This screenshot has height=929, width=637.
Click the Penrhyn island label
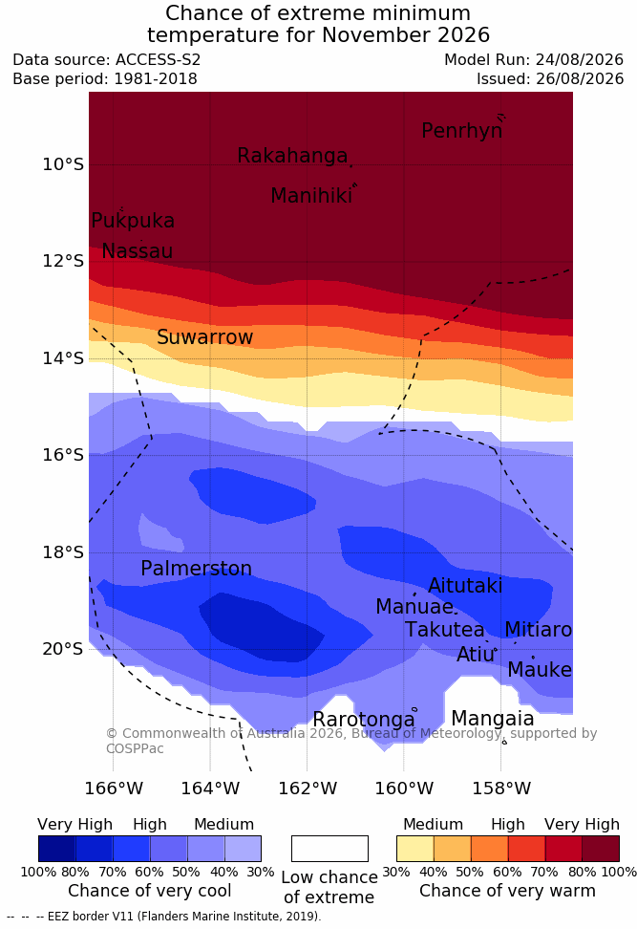[462, 131]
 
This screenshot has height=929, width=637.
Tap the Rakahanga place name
[292, 156]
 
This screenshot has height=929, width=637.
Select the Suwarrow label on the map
[204, 337]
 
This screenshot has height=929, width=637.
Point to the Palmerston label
[197, 568]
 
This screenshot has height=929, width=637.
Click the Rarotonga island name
[364, 720]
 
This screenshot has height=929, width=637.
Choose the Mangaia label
[493, 719]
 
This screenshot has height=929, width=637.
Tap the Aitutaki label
[465, 585]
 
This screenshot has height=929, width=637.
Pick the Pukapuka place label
[133, 221]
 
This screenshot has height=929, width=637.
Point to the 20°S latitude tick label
[63, 649]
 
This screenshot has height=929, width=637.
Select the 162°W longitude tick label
[308, 789]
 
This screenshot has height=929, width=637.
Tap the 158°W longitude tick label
[501, 789]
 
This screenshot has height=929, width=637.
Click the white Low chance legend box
[329, 849]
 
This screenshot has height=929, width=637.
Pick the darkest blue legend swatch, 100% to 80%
[57, 849]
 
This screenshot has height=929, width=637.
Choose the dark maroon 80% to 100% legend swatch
[601, 849]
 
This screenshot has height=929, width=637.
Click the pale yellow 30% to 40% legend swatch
[415, 849]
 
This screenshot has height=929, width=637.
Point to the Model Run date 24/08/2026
[580, 60]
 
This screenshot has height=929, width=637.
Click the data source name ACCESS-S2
[159, 60]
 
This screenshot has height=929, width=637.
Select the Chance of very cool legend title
[149, 891]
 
